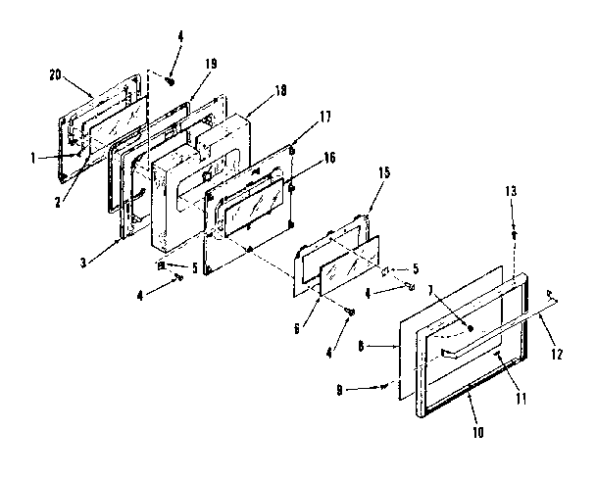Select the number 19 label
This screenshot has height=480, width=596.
coord(210,63)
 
